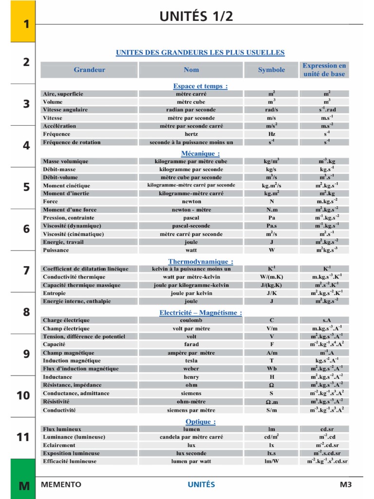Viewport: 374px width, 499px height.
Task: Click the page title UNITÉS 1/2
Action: tap(196, 16)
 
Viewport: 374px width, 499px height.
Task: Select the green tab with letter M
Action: tap(23, 485)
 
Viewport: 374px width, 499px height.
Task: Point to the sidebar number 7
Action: tap(26, 271)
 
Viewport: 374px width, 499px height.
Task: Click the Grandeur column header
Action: tap(89, 70)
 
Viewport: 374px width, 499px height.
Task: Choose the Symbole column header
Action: tap(271, 70)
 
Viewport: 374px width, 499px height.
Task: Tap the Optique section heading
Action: tap(200, 422)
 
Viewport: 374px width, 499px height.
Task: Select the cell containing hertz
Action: tap(191, 134)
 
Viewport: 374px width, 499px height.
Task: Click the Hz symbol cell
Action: tap(271, 134)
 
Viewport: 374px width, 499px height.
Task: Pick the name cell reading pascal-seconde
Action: tap(191, 226)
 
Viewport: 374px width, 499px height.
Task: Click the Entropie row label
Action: tap(55, 293)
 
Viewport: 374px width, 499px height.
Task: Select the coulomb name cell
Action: tap(191, 320)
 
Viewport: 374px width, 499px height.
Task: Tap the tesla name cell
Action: tap(191, 361)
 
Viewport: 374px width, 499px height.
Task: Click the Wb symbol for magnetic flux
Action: tap(271, 369)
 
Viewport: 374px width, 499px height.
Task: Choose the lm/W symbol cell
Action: tap(271, 461)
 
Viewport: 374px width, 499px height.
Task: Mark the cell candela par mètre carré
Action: tap(191, 437)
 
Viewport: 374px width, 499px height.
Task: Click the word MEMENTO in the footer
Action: tap(61, 484)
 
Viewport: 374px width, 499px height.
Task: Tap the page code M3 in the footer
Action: tap(345, 484)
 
